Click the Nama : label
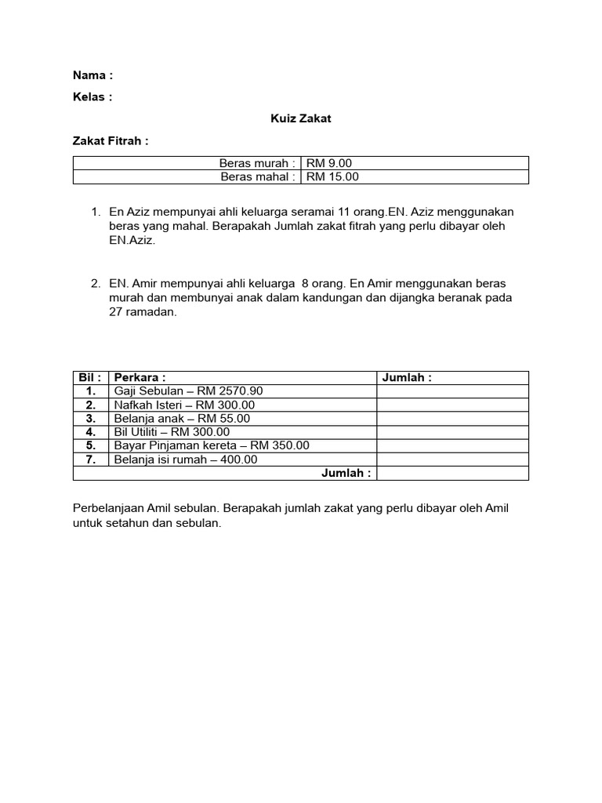tap(92, 75)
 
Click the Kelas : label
tap(92, 97)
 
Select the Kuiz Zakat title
tap(301, 119)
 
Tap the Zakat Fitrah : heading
tap(111, 141)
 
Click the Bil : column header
tap(91, 378)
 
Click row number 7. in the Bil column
tap(91, 460)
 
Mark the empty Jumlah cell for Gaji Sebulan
tap(452, 391)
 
